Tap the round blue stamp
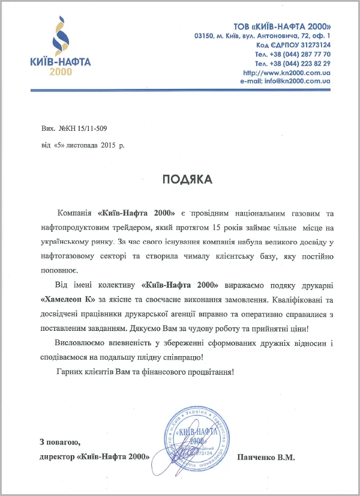click(193, 437)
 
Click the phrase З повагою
click(60, 443)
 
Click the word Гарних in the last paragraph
click(68, 372)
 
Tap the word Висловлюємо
click(80, 343)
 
